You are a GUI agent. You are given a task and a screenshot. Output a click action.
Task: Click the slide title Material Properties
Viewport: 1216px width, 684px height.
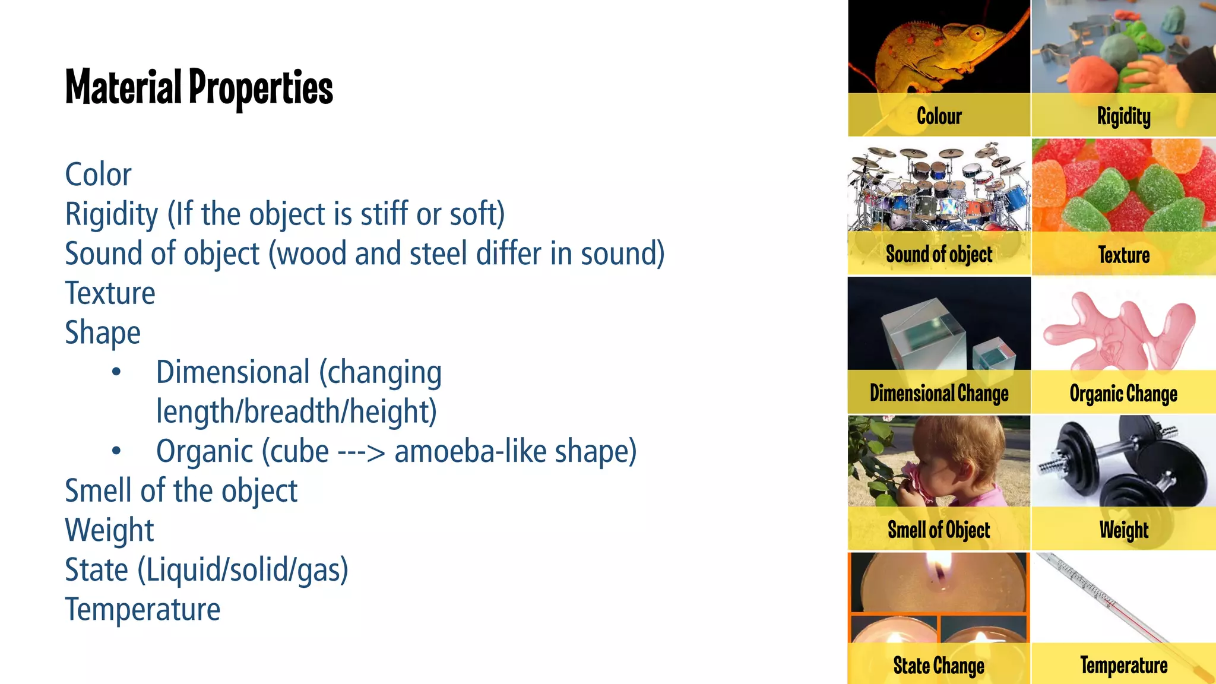tap(199, 87)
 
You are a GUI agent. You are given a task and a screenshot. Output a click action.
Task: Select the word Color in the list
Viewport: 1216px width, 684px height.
tap(98, 175)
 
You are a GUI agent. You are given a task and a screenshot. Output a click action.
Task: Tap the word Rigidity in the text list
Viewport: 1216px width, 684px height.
tap(112, 214)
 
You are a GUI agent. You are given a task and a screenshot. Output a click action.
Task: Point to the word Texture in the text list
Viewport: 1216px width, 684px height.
tap(110, 293)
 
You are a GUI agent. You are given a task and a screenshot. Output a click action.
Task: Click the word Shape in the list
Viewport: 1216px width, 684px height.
tap(103, 333)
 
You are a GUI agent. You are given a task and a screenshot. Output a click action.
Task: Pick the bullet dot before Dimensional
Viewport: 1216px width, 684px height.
tap(116, 372)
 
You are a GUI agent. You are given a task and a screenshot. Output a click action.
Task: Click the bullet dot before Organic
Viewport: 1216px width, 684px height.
tap(116, 451)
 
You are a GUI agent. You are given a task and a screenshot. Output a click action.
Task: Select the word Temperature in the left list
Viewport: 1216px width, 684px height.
tap(142, 610)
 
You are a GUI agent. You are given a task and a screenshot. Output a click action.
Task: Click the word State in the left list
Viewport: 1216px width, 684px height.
tap(96, 570)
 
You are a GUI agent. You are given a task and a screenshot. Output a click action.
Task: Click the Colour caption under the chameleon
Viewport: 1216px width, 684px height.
tap(939, 116)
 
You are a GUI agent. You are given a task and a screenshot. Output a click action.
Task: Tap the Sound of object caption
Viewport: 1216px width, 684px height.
tap(939, 254)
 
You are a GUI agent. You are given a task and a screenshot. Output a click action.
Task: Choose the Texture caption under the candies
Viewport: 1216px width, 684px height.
tap(1123, 255)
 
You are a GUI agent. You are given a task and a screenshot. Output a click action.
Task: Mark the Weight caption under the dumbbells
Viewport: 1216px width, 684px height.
tap(1123, 529)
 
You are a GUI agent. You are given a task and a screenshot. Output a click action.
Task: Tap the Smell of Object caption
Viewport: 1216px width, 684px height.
tap(939, 529)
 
